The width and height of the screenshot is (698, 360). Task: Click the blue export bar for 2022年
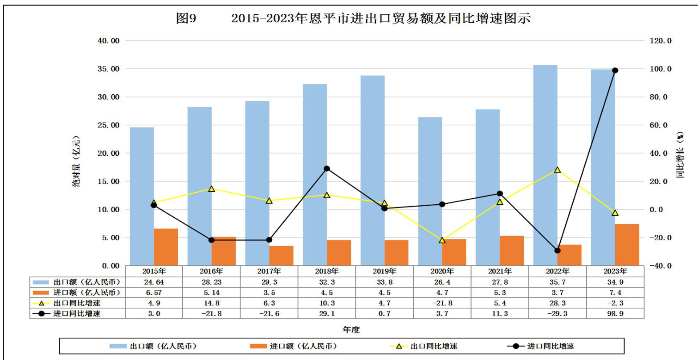pyautogui.click(x=545, y=165)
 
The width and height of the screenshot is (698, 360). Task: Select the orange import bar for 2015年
pyautogui.click(x=166, y=247)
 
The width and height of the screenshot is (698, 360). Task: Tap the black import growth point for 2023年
pyautogui.click(x=615, y=70)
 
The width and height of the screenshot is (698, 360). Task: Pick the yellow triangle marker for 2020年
pyautogui.click(x=442, y=240)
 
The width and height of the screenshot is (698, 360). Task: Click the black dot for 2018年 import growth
pyautogui.click(x=327, y=169)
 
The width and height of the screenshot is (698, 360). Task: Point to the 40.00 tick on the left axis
pyautogui.click(x=109, y=41)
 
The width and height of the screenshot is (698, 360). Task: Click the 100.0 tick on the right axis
pyautogui.click(x=661, y=69)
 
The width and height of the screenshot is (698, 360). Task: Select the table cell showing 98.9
pyautogui.click(x=615, y=314)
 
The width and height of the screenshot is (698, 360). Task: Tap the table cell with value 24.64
pyautogui.click(x=154, y=282)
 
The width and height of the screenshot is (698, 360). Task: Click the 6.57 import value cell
pyautogui.click(x=154, y=293)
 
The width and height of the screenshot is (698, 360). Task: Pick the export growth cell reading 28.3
pyautogui.click(x=557, y=303)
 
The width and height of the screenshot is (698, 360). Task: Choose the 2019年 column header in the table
pyautogui.click(x=385, y=271)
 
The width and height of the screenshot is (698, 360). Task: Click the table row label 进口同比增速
pyautogui.click(x=77, y=314)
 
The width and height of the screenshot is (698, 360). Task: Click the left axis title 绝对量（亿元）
pyautogui.click(x=76, y=161)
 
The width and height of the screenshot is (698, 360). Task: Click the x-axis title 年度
pyautogui.click(x=351, y=330)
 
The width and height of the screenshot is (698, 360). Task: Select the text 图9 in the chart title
pyautogui.click(x=186, y=18)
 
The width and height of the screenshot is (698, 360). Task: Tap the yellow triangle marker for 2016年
pyautogui.click(x=212, y=189)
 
